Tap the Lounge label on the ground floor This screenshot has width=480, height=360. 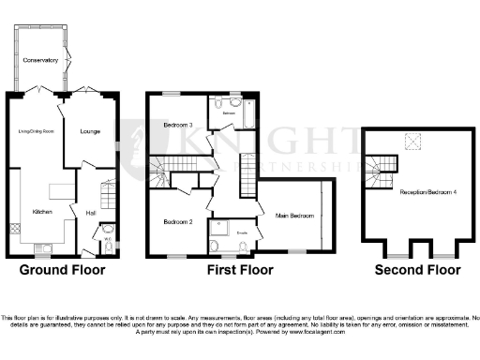point(90,130)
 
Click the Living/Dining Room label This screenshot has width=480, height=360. point(35,131)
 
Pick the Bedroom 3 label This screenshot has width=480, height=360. point(178,125)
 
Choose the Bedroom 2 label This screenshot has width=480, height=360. point(178,222)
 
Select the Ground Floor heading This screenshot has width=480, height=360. point(63,270)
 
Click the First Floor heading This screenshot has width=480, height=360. point(240,270)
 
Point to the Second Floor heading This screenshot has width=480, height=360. point(418,270)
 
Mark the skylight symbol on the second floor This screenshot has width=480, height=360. point(411,141)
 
